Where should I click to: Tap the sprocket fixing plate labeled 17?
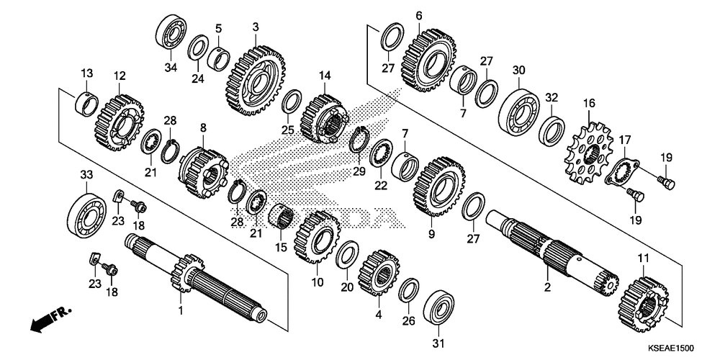click(x=623, y=172)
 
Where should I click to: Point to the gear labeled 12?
click(x=120, y=123)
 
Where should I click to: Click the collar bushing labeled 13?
click(x=87, y=104)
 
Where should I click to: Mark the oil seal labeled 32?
click(x=552, y=130)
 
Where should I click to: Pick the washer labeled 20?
click(x=347, y=255)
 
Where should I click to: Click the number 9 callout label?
click(x=431, y=234)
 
